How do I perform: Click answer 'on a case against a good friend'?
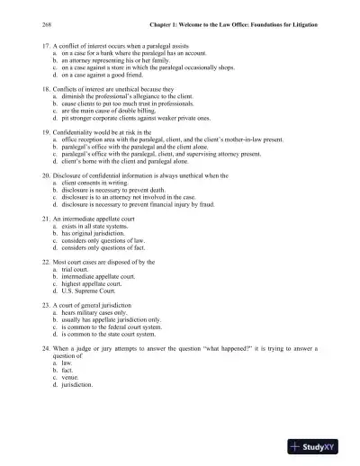pyautogui.click(x=106, y=76)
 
